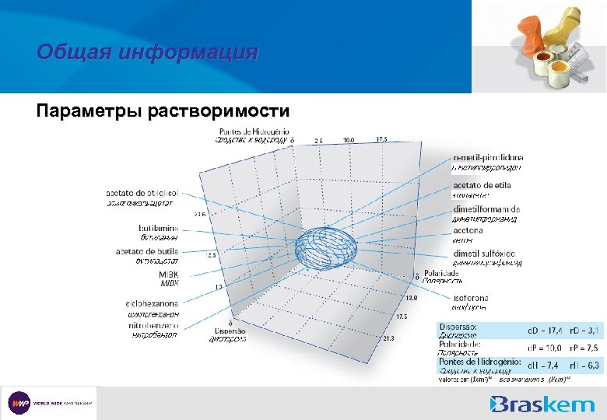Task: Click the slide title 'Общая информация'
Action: click(146, 53)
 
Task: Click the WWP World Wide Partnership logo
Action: click(51, 404)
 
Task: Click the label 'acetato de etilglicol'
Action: click(142, 193)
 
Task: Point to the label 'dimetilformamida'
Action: click(486, 209)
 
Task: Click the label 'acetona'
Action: click(467, 230)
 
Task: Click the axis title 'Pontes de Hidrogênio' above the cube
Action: click(254, 131)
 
